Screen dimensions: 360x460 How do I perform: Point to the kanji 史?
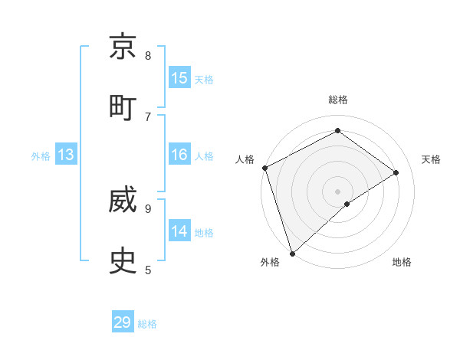(123, 262)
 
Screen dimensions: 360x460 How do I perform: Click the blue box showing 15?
(179, 78)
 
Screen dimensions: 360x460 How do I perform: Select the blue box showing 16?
(179, 155)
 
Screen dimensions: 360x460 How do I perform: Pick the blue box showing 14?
(179, 231)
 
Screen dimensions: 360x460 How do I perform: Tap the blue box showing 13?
(66, 155)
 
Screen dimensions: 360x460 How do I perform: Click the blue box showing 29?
(123, 322)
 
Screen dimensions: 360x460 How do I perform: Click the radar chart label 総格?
(338, 100)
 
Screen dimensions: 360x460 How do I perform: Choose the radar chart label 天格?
(431, 159)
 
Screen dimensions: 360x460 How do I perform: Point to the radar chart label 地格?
(402, 263)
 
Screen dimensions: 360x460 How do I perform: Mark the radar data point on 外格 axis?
(292, 253)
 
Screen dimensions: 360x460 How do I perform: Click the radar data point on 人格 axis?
(264, 168)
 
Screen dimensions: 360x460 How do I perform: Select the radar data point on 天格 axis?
(396, 172)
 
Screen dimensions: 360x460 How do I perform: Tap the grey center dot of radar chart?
(338, 191)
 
